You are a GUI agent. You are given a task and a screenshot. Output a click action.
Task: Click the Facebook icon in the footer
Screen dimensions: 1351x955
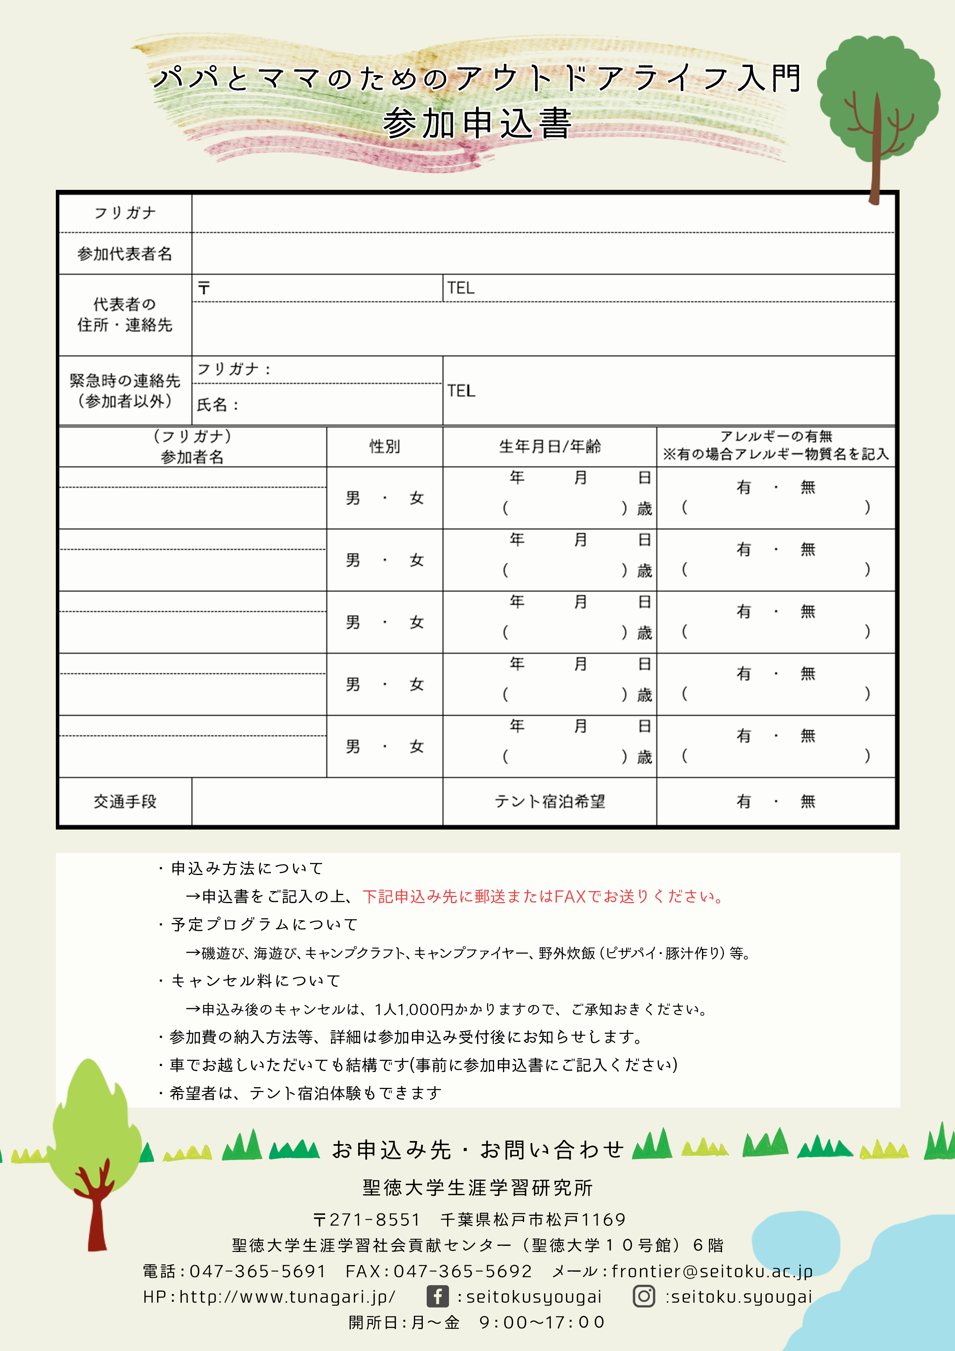point(437,1296)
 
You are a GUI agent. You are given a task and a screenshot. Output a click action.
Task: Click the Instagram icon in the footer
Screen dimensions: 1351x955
point(644,1296)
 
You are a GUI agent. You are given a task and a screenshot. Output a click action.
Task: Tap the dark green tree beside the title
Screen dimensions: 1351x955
point(877,94)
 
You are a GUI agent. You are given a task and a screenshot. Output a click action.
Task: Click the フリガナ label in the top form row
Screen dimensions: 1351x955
point(125,213)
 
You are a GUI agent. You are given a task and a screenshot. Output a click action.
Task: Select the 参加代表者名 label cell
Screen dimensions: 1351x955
point(125,254)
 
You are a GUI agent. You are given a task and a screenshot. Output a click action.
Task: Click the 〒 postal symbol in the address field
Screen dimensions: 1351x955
point(204,288)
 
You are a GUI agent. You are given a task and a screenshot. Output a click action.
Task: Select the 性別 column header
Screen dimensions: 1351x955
point(385,447)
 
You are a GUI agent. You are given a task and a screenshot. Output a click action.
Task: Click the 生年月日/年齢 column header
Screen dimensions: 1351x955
point(550,447)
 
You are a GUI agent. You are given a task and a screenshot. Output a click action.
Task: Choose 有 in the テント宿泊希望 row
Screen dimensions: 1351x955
point(744,801)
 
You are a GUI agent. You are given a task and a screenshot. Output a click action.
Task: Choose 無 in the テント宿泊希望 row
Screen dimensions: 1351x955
point(808,801)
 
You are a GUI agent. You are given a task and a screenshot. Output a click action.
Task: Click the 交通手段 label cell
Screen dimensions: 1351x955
point(125,801)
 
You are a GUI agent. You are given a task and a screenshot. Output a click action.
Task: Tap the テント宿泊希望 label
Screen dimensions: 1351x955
point(550,801)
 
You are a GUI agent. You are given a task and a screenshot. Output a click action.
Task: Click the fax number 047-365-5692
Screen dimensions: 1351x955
point(462,1271)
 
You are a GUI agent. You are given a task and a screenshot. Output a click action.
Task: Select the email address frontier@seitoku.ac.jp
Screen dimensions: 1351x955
point(712,1271)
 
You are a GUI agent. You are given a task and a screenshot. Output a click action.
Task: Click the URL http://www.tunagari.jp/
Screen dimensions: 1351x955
point(287,1297)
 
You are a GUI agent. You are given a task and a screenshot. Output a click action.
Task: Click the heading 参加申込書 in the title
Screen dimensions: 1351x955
point(477,124)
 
